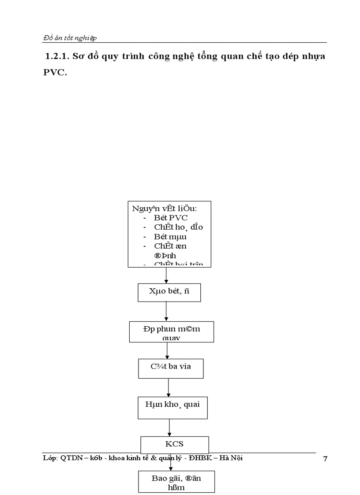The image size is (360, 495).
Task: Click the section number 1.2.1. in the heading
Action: [57, 57]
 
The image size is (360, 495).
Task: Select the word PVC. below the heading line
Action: [55, 73]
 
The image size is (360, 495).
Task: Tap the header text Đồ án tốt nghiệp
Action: [70, 38]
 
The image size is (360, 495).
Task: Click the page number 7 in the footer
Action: [325, 459]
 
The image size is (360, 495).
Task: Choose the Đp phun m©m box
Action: [171, 332]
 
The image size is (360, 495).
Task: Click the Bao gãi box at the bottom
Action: [170, 481]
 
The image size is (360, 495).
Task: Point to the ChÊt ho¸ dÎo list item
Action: [178, 227]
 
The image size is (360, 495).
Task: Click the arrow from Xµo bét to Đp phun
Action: [166, 312]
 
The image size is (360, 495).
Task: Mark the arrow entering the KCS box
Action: [170, 428]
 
